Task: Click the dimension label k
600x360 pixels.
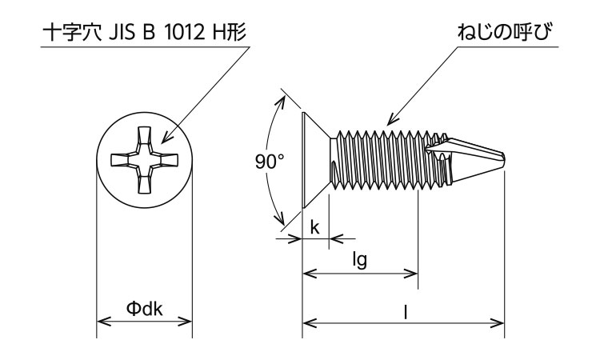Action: pos(314,227)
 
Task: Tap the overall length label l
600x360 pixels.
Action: pos(406,313)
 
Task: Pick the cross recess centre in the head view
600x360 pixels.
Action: pos(145,159)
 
